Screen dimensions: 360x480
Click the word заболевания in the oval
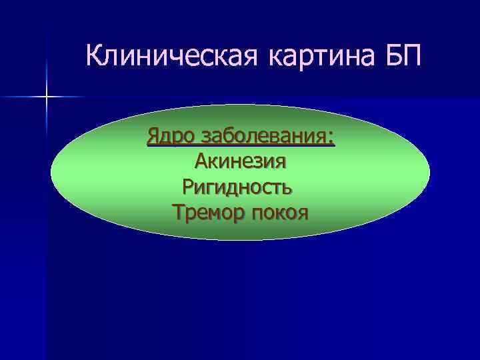pos(264,136)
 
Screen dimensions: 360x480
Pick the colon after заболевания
pos(331,137)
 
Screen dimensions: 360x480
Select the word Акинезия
pos(240,161)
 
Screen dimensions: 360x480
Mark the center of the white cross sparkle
pos(47,98)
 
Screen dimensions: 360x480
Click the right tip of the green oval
pos(429,171)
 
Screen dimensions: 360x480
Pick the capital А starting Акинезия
pos(201,161)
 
